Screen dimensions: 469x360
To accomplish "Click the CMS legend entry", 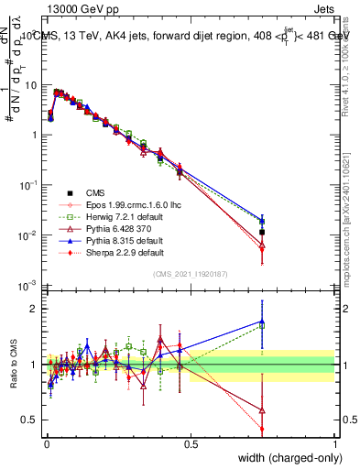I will click(x=93, y=192).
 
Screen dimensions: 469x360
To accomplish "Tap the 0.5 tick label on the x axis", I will click(x=191, y=443).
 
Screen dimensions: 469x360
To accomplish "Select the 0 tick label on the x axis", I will click(x=46, y=443).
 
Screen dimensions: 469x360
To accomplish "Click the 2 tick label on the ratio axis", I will click(x=34, y=309).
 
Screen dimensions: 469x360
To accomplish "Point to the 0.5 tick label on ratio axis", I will click(x=30, y=420).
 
